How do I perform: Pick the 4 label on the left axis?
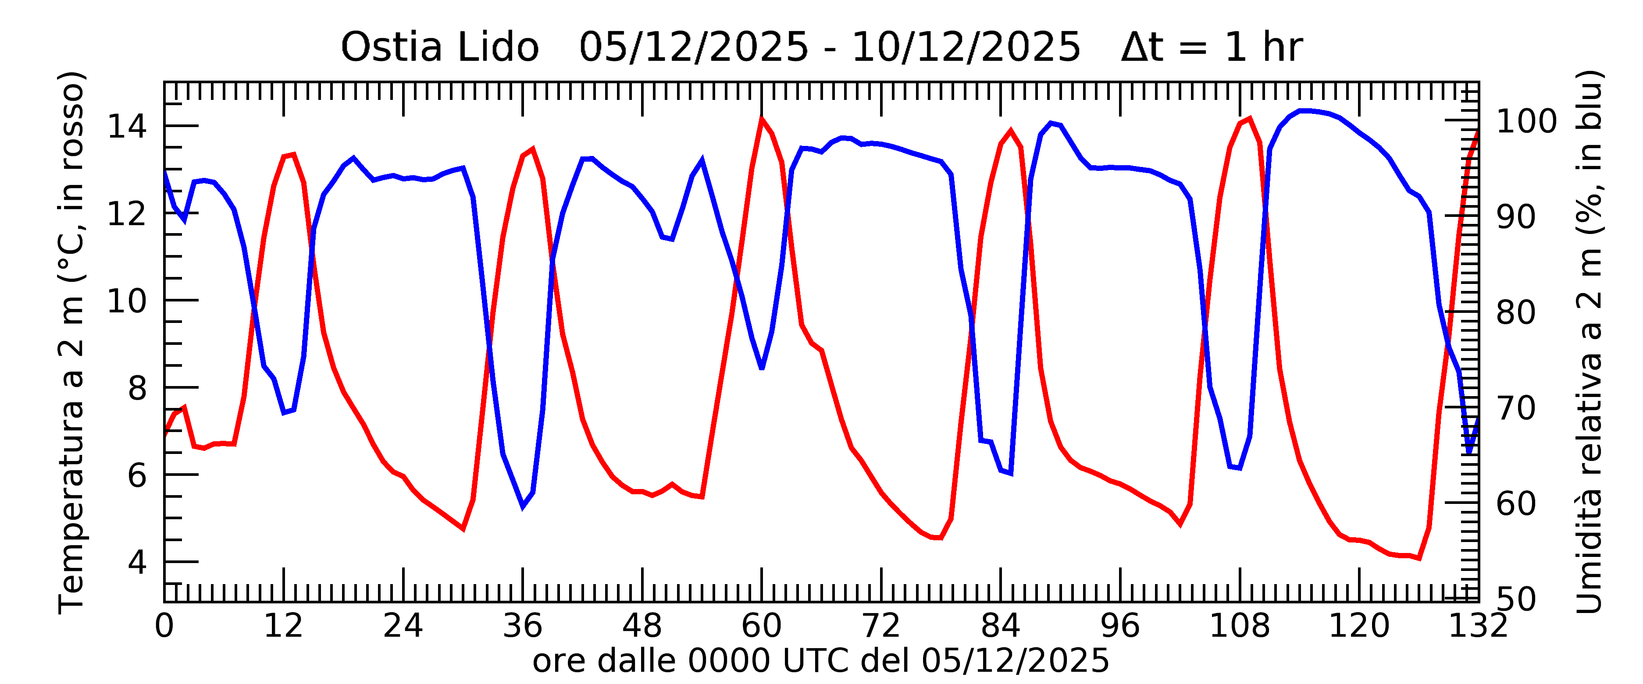pos(137,562)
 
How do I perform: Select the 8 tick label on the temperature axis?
pos(137,388)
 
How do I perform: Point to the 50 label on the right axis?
pos(1516,599)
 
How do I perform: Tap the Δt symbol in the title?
pos(1142,48)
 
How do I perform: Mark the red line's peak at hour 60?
pos(762,119)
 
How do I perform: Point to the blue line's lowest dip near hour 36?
pos(522,506)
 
